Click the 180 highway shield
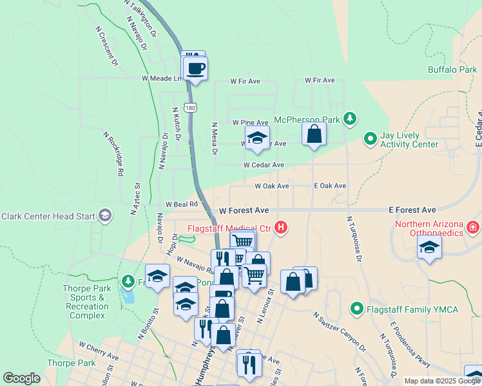(189, 108)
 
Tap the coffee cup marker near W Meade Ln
(196, 68)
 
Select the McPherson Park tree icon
(350, 118)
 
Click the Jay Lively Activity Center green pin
(371, 138)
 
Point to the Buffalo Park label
(452, 69)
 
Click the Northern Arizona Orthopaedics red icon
(473, 227)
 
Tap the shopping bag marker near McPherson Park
(314, 134)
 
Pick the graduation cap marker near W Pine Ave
(257, 137)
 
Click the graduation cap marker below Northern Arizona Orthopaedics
(429, 247)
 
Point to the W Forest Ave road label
(244, 210)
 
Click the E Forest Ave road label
(412, 210)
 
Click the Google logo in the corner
(22, 378)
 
